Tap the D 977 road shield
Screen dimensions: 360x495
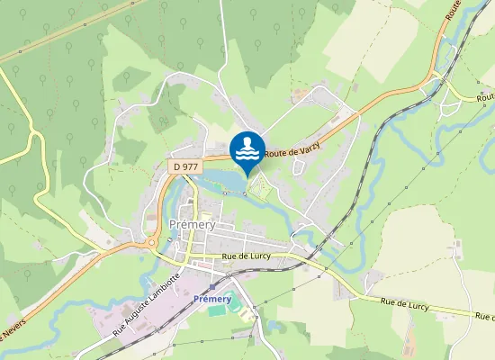coord(184,166)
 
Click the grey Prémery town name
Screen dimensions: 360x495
coord(192,225)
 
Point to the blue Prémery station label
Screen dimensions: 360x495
coord(212,298)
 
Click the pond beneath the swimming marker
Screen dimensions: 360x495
coord(229,184)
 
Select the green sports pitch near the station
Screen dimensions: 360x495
coord(218,310)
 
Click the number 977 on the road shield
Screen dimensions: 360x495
coord(189,166)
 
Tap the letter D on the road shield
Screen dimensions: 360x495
coord(177,166)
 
